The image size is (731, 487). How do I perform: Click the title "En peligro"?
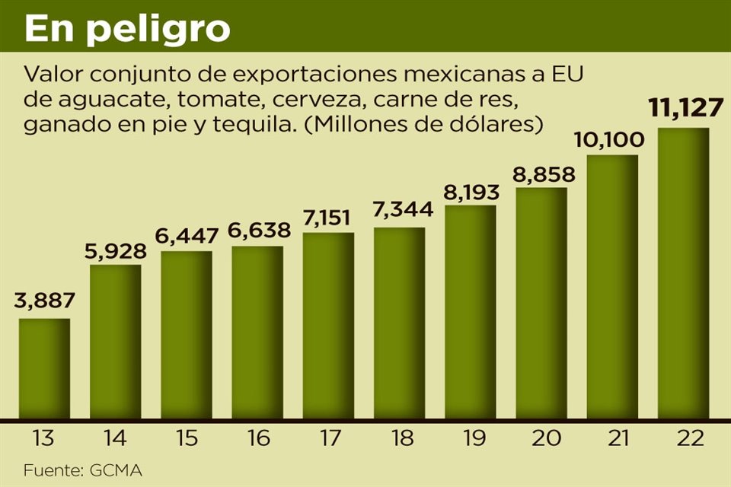coord(127,28)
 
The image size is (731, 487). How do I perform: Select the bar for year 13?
coord(44,369)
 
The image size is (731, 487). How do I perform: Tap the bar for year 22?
coord(683,274)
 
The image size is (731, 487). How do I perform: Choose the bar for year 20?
coord(541,304)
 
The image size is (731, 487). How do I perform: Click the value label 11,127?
coord(685,108)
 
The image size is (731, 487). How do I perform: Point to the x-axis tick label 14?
coord(115,439)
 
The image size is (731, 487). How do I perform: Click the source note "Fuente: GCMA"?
coord(82,470)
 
